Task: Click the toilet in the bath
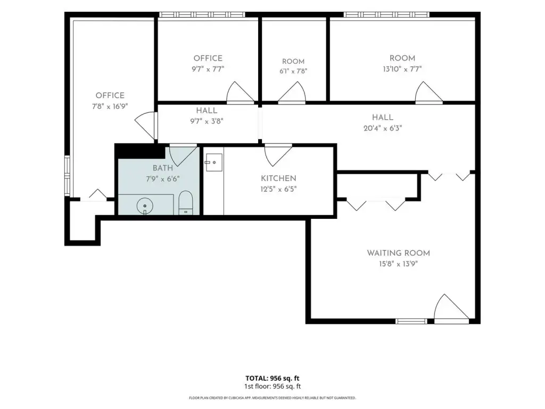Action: coord(185,202)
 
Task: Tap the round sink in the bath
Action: coord(145,206)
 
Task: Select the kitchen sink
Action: coord(214,162)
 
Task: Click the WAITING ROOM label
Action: coord(398,253)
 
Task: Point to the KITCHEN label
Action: coord(278,178)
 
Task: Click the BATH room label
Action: coord(163,168)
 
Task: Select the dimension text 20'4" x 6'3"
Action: coord(383,128)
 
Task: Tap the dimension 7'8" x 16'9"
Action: coord(110,106)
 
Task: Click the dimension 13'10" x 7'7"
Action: coord(402,69)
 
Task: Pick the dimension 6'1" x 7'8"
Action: coord(293,71)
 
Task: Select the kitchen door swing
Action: coord(278,155)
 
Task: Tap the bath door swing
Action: coord(183,155)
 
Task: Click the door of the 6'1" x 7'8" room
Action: coord(292,92)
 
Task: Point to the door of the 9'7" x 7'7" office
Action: coord(241,92)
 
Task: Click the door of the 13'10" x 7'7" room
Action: coord(429,92)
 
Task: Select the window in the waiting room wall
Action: coord(411,321)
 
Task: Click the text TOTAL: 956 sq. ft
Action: coord(272,378)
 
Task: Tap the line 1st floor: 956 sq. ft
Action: coord(272,386)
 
